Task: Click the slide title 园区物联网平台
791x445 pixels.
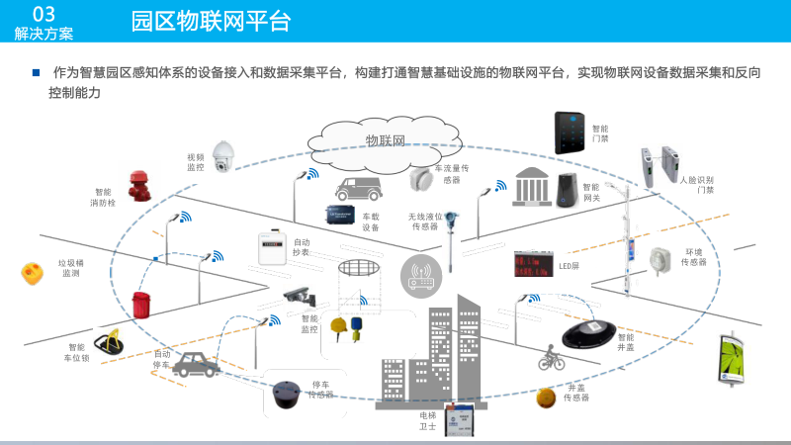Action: pos(212,21)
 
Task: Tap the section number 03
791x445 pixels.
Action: pos(43,13)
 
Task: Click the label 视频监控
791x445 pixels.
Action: pos(196,162)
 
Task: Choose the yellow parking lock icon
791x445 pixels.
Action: pos(107,344)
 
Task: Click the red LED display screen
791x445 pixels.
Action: pos(532,264)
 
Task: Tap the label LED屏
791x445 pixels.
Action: pos(569,266)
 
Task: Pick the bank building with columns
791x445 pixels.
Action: pos(532,186)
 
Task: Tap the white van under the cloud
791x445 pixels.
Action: pos(358,187)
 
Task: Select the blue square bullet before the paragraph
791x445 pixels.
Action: pos(36,72)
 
